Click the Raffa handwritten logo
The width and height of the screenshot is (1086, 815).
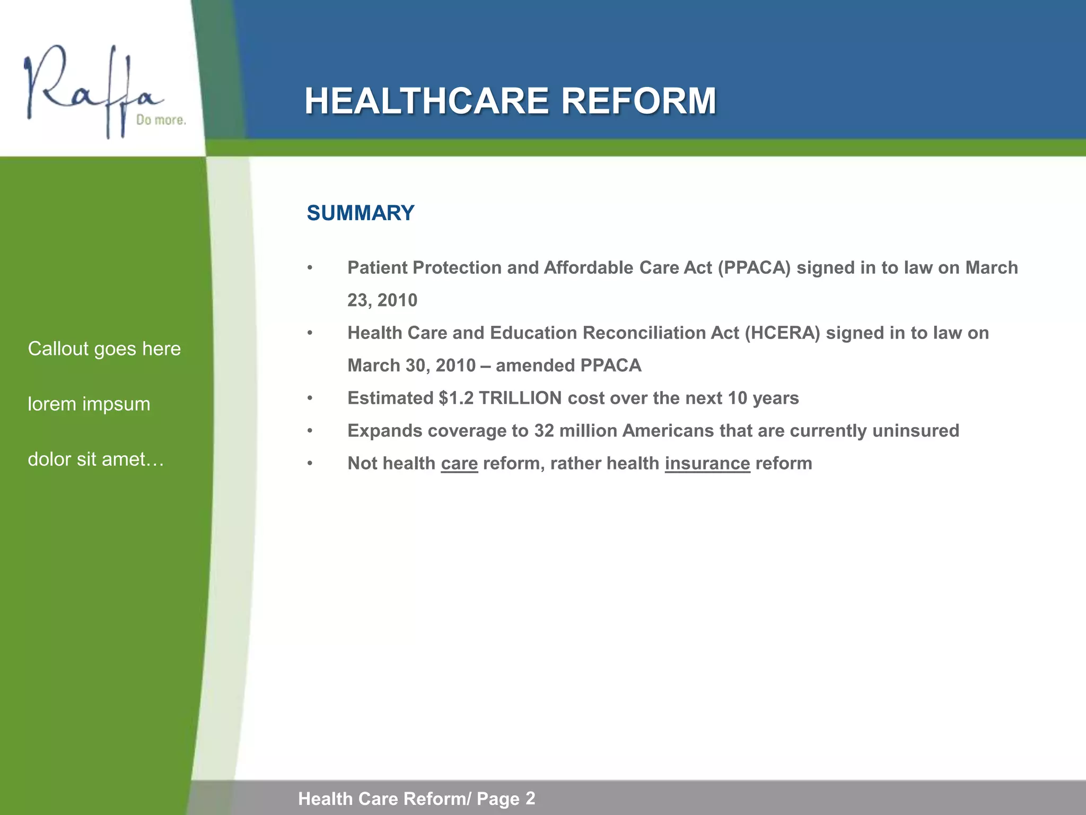point(90,90)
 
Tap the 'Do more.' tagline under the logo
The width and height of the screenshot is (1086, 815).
point(161,120)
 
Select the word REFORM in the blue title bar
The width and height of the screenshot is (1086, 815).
point(638,101)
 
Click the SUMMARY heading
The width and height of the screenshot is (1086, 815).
point(361,213)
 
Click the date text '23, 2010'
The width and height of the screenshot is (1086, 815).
point(382,300)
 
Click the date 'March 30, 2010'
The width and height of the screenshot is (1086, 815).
point(411,366)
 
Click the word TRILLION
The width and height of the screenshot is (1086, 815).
point(520,398)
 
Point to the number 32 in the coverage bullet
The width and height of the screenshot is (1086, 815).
point(544,431)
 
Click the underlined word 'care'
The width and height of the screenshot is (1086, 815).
point(459,464)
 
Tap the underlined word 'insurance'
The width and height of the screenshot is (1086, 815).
point(707,464)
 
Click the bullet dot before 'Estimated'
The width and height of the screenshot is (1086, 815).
point(310,398)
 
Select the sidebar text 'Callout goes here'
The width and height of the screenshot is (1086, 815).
point(104,349)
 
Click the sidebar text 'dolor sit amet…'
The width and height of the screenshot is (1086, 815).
point(96,459)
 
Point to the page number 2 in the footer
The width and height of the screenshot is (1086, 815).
point(530,798)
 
